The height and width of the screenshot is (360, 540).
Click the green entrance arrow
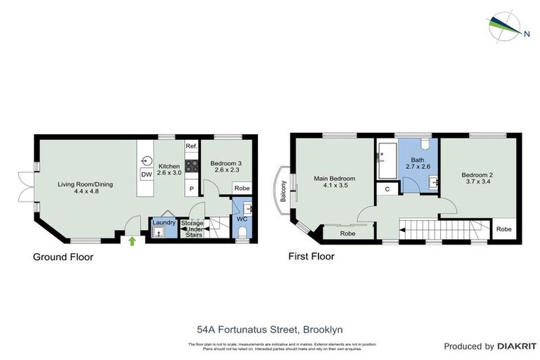[x=132, y=240]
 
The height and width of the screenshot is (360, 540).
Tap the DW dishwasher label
[x=147, y=175]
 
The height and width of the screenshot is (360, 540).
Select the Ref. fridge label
[x=191, y=146]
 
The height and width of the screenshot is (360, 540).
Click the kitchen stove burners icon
[x=191, y=167]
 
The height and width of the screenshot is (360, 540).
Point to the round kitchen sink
[x=147, y=160]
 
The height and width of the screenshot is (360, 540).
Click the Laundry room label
[x=163, y=223]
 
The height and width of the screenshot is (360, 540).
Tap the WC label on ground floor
[x=243, y=219]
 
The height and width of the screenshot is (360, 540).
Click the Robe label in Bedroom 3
[x=241, y=188]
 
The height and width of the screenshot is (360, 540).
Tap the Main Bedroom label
[x=335, y=179]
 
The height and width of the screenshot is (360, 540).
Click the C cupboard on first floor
[x=387, y=189]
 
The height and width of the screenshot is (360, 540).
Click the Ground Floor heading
[x=63, y=257]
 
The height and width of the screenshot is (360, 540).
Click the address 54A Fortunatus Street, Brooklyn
[x=270, y=328]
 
